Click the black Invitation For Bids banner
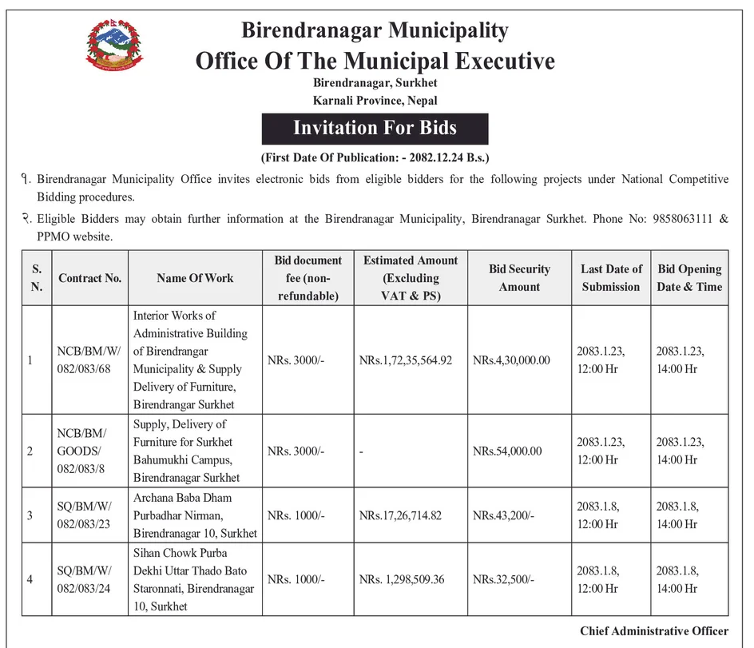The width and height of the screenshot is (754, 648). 375,128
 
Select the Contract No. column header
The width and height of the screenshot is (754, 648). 89,278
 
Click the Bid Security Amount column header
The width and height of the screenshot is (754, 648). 519,278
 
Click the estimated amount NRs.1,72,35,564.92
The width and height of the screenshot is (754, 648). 405,360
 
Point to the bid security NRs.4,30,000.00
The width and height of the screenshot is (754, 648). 511,360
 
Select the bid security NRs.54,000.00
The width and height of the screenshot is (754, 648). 507,451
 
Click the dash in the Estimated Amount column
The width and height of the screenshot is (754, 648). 362,451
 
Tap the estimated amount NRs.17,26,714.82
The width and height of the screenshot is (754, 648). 400,515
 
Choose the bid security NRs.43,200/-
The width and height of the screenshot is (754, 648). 503,515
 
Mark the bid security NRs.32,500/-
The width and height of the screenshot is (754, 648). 503,579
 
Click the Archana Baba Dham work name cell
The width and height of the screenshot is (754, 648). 195,515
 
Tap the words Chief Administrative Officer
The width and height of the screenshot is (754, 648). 654,631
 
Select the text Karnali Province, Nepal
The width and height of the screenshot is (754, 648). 375,101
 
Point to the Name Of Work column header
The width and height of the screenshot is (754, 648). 195,278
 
